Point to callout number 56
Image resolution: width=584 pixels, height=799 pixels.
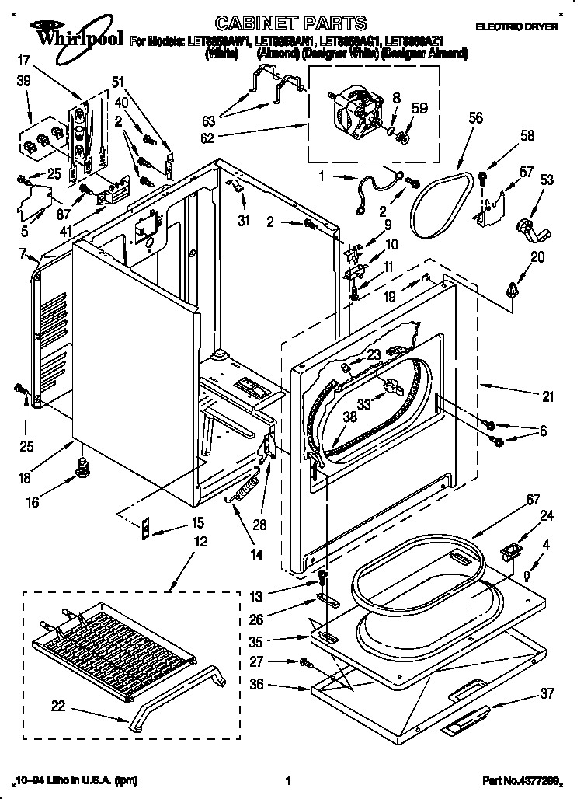point(476,118)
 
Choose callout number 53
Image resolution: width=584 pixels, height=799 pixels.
point(547,181)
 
